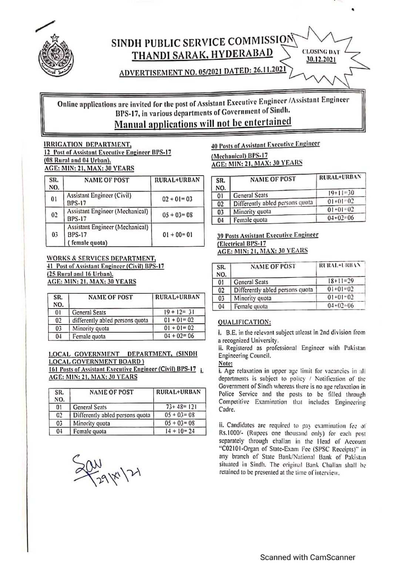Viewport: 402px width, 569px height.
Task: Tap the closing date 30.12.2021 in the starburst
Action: [x=321, y=60]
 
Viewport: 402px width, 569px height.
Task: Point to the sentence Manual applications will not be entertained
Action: [x=202, y=123]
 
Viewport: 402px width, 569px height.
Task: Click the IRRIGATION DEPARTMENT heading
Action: [x=87, y=144]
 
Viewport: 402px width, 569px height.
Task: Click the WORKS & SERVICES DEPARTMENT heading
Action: [x=101, y=258]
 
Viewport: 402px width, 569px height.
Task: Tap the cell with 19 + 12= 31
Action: [x=179, y=312]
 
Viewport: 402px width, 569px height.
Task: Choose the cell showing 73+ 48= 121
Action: [x=180, y=407]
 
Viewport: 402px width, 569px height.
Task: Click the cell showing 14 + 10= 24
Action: [x=180, y=431]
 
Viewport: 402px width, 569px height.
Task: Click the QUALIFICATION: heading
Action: [x=244, y=322]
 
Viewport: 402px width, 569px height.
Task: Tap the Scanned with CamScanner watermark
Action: [x=308, y=557]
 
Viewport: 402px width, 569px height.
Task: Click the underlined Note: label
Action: [x=225, y=363]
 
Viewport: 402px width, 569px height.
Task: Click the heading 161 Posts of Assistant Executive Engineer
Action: [x=122, y=369]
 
